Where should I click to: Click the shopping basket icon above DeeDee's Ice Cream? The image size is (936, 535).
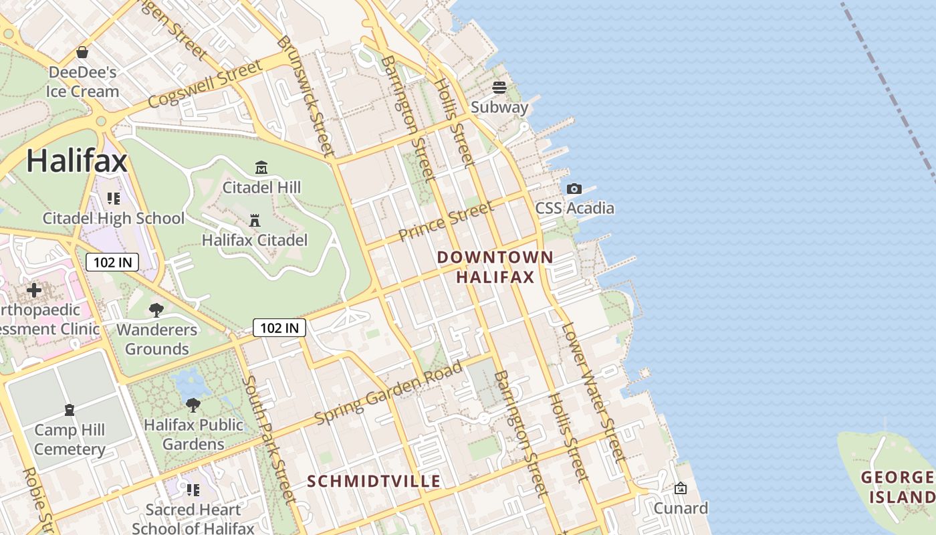tap(82, 52)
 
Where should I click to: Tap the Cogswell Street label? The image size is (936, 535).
tap(205, 85)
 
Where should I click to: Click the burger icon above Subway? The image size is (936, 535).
tap(499, 88)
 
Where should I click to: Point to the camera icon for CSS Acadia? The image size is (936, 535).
tap(574, 189)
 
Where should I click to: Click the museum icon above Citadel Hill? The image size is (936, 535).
tap(261, 167)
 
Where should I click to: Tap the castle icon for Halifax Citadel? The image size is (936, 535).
tap(255, 220)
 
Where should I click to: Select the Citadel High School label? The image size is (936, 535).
tap(114, 218)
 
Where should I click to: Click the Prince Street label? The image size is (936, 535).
tap(446, 220)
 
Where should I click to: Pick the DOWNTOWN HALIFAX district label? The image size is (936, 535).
tap(495, 267)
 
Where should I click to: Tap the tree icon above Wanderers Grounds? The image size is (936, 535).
tap(156, 310)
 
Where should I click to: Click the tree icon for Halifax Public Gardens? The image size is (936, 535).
tap(193, 405)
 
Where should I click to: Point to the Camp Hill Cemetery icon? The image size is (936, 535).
tap(70, 409)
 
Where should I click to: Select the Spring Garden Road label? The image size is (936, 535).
tap(388, 393)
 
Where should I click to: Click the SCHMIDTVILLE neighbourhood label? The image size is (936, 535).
tap(374, 481)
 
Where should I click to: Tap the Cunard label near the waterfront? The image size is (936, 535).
tap(681, 508)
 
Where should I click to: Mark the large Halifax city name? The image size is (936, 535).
tap(76, 161)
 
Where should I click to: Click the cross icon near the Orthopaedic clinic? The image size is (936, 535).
tap(34, 290)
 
